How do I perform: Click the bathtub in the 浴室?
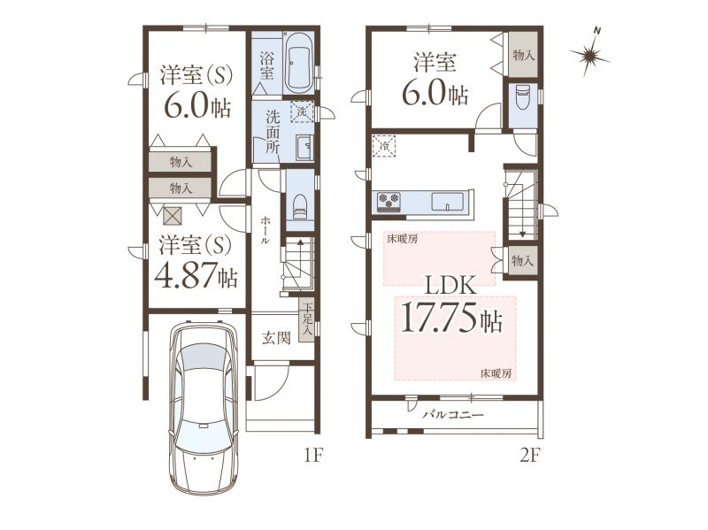(299, 63)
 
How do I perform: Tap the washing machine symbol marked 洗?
(302, 111)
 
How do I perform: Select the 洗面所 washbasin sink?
(304, 147)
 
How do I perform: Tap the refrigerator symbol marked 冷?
(384, 145)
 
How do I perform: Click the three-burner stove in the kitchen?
(389, 201)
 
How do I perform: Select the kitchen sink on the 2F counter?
(448, 202)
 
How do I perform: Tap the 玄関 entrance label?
(276, 338)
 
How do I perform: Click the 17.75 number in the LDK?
(438, 317)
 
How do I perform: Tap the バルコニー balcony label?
(453, 414)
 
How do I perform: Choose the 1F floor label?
(312, 456)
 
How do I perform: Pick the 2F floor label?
(529, 456)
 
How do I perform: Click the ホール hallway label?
(265, 230)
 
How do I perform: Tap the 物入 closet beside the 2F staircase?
(522, 260)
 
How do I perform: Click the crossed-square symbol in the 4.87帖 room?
(172, 215)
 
